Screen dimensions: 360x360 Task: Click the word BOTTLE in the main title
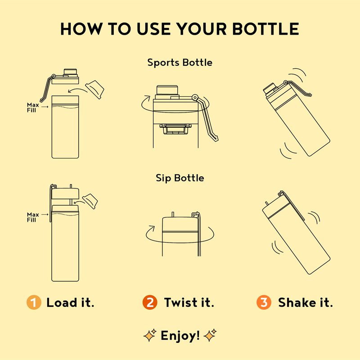tap(265, 29)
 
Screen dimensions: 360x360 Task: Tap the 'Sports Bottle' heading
tap(180, 63)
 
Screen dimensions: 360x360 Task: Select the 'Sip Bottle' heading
tap(180, 178)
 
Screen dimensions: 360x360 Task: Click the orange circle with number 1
tap(34, 302)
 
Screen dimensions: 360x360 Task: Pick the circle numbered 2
tap(150, 302)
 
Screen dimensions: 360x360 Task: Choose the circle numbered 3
tap(264, 302)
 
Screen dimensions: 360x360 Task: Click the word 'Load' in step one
tap(62, 302)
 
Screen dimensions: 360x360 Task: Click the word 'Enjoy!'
tap(180, 336)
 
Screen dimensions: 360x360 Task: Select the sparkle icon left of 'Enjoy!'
tap(150, 335)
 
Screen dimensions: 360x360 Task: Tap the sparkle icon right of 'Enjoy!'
tap(210, 335)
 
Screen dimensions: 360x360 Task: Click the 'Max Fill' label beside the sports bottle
tap(32, 108)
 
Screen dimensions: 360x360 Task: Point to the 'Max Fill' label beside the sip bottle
tap(32, 217)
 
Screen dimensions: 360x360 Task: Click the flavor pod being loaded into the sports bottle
tap(94, 90)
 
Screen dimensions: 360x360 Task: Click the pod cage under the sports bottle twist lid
tap(175, 129)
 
